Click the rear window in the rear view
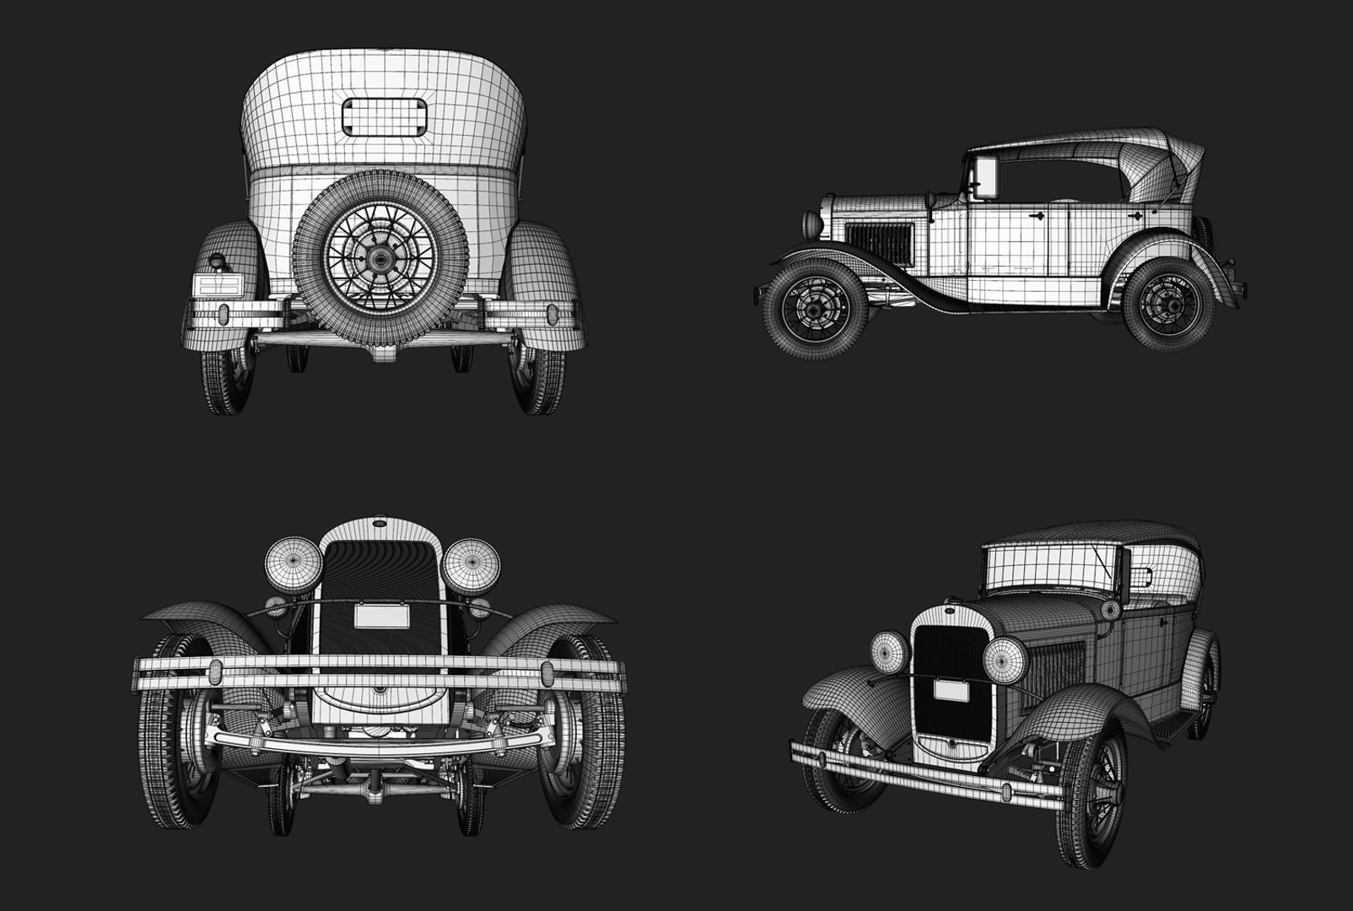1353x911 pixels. coord(384,116)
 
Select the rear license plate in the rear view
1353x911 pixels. coord(218,284)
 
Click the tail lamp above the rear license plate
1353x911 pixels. coord(219,262)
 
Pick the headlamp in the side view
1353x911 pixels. coord(811,224)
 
